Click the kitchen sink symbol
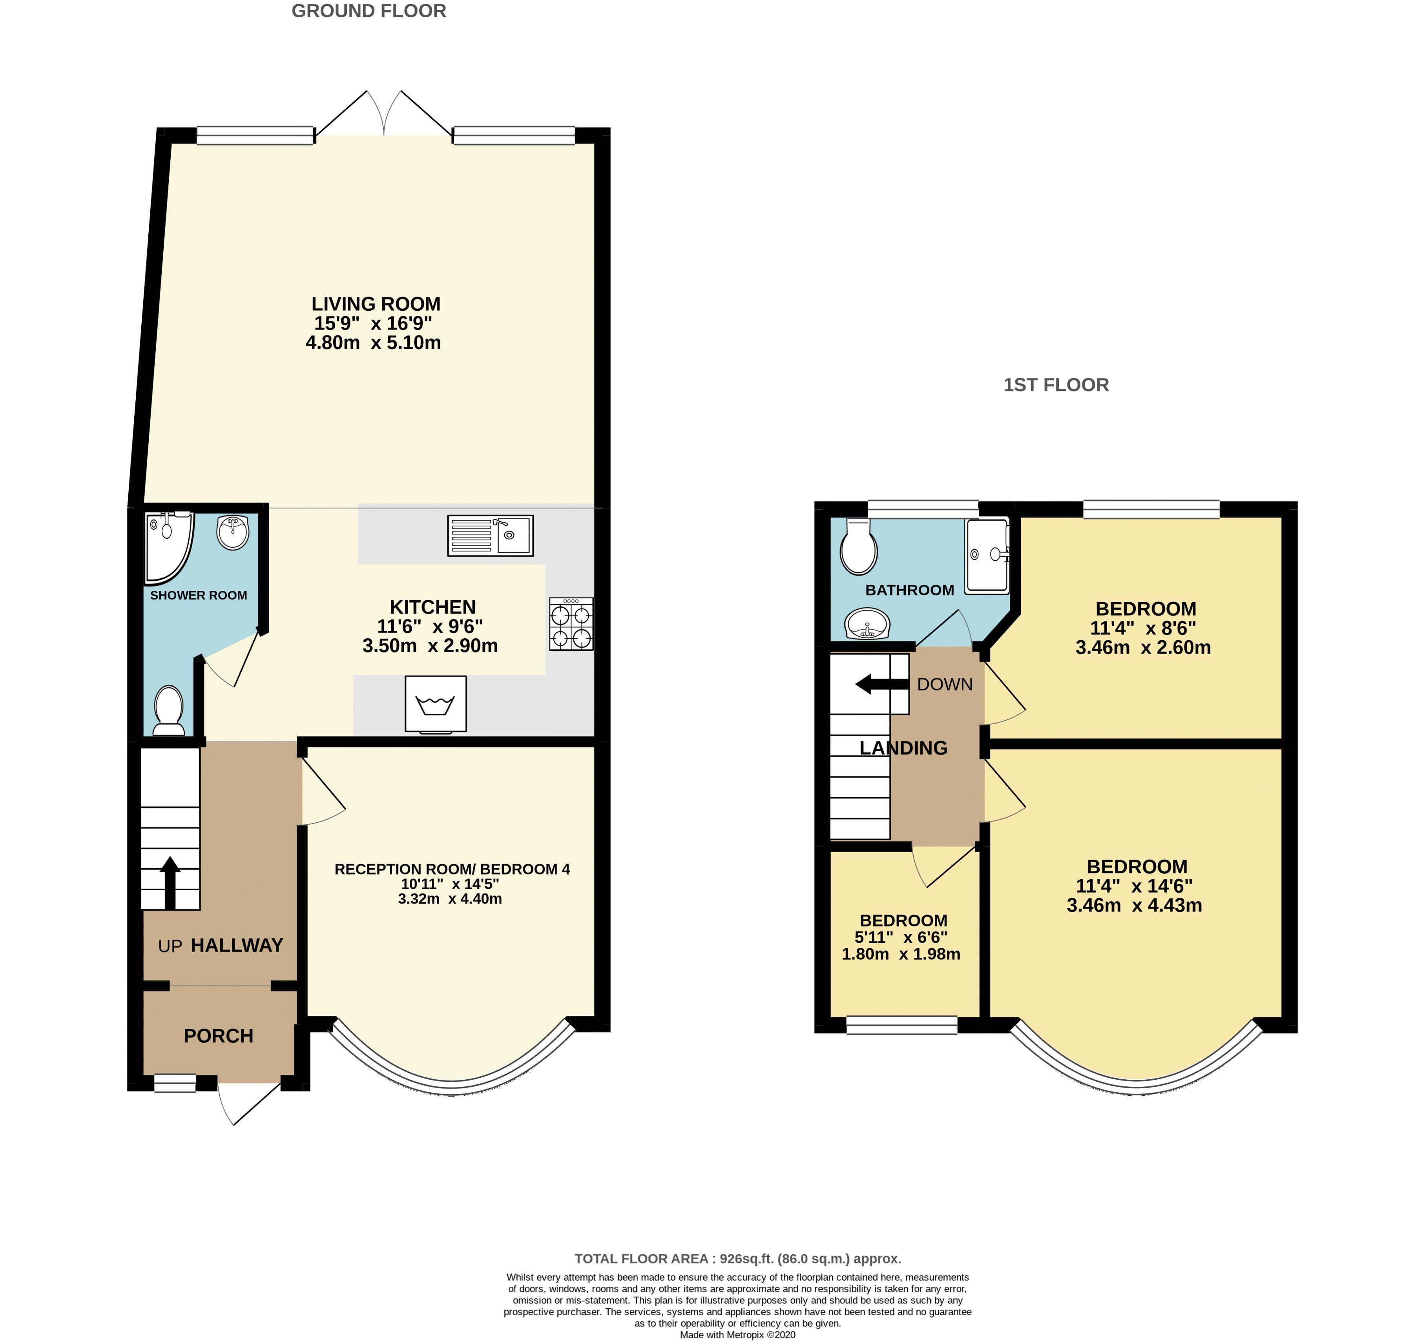[x=490, y=536]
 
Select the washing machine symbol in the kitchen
[x=436, y=705]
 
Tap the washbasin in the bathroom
[x=867, y=623]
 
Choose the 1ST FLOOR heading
[x=1056, y=385]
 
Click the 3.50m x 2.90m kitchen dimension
[x=430, y=646]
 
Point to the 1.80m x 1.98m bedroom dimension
[x=901, y=954]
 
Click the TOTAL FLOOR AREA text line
[x=737, y=1259]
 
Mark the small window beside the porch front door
[x=175, y=1083]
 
